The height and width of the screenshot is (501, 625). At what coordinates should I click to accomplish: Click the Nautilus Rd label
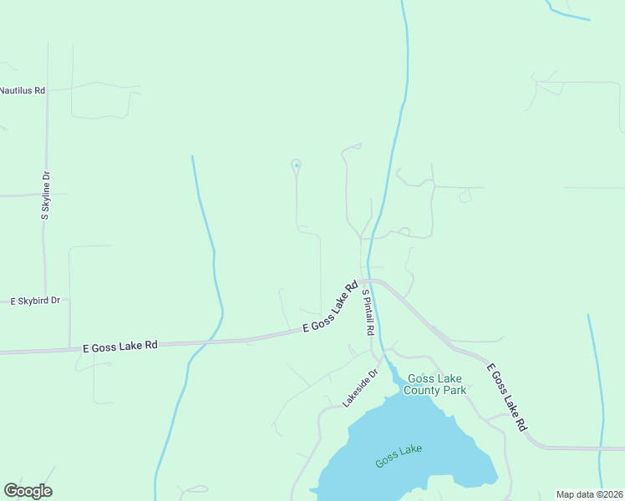23,90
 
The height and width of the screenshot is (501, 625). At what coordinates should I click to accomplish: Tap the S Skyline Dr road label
46,195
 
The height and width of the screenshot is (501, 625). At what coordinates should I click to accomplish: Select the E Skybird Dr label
35,301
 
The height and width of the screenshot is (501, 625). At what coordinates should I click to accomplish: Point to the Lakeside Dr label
360,388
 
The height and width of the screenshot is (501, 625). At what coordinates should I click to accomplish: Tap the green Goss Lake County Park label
434,384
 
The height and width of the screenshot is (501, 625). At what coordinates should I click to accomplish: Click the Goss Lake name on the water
399,456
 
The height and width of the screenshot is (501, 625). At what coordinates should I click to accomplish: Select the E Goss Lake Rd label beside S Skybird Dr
120,345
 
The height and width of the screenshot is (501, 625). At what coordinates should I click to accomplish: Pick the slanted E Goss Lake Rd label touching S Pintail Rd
330,306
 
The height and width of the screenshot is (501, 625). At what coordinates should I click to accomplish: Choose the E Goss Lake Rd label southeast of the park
507,397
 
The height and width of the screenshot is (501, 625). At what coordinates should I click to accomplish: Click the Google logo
28,491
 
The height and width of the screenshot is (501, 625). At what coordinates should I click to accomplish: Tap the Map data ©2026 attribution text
589,494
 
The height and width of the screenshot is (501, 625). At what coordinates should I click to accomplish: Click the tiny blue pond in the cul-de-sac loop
296,164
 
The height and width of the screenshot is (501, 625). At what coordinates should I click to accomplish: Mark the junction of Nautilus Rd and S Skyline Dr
48,90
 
